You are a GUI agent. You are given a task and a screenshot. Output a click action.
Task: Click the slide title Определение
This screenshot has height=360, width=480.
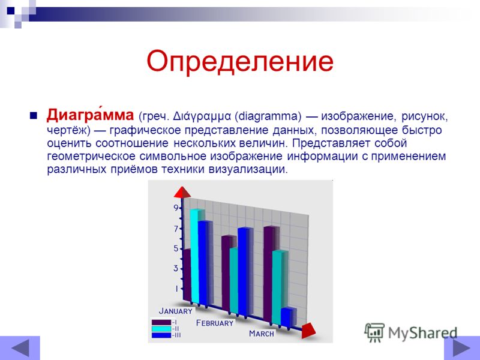[240, 62]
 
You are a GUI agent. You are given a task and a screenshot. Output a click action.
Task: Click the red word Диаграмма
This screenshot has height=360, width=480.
[90, 115]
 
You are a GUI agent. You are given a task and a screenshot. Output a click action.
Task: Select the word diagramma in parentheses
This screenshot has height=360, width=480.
[268, 116]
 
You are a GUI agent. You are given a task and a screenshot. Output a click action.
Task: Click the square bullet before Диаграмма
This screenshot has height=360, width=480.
[34, 116]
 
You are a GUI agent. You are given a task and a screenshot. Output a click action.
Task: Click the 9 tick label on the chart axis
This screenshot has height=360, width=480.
[176, 208]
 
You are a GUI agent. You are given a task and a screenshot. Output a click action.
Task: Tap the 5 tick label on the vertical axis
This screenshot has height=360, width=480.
[176, 248]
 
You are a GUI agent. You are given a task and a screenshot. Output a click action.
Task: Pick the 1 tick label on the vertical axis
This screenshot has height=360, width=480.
[176, 289]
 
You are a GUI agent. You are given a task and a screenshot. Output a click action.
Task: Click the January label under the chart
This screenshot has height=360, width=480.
[176, 311]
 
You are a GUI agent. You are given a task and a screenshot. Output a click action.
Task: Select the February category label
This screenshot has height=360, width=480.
[215, 323]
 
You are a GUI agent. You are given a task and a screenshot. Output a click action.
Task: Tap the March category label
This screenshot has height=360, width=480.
[262, 334]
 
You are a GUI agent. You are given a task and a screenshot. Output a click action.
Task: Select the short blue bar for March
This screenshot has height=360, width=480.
[288, 317]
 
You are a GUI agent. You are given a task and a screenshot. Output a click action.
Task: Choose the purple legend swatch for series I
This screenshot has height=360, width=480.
[161, 322]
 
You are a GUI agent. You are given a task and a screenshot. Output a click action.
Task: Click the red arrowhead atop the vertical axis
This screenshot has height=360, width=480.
[182, 192]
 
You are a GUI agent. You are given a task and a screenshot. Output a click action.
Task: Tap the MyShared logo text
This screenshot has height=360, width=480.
[423, 333]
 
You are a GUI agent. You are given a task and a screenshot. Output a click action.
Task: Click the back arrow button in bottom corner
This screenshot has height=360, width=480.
[20, 348]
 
